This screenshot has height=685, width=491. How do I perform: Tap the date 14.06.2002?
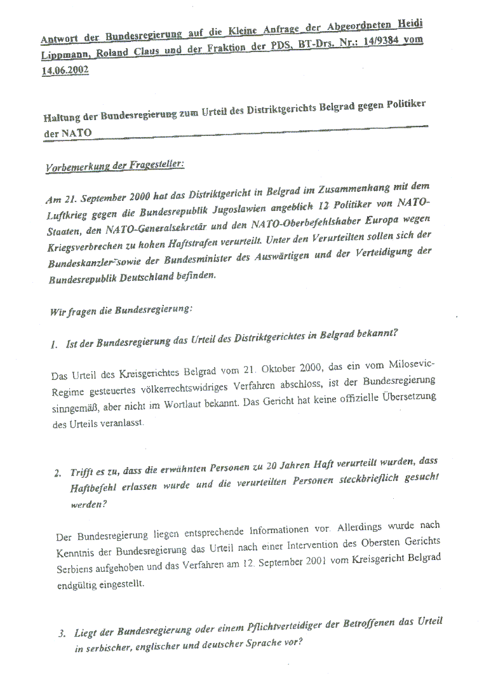(64, 71)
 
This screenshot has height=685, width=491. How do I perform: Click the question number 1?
(55, 344)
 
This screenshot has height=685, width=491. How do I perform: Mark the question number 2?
(57, 473)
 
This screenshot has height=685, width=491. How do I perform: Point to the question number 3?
(61, 634)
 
